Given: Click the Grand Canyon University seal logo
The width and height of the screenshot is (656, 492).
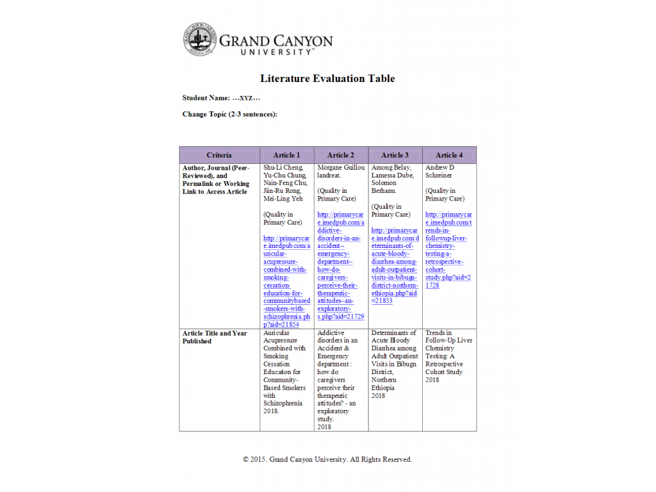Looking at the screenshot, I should click(200, 39).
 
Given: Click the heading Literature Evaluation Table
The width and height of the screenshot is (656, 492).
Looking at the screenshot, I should click(327, 79).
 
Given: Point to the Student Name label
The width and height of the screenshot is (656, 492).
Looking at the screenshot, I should click(206, 98).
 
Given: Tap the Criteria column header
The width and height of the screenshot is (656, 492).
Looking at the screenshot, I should click(219, 155).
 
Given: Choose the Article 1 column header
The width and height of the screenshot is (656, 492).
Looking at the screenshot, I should click(286, 155).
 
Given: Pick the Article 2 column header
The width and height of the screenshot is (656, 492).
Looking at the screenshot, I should click(340, 155).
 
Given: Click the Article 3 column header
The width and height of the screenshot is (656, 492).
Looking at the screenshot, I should click(395, 155).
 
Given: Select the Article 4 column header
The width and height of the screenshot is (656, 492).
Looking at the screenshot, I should click(448, 155).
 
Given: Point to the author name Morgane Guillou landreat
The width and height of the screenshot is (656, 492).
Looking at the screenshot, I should click(340, 171).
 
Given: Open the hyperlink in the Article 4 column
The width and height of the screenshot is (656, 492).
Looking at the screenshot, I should click(448, 250).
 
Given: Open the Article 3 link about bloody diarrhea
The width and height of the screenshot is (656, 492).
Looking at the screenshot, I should click(395, 265).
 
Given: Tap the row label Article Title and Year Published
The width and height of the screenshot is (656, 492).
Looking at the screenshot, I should click(215, 337).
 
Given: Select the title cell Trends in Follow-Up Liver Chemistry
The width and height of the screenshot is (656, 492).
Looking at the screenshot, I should click(448, 352).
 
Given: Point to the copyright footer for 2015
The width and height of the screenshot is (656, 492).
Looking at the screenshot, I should click(327, 459).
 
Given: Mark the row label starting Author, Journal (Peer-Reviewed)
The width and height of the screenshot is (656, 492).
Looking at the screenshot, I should click(216, 179).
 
